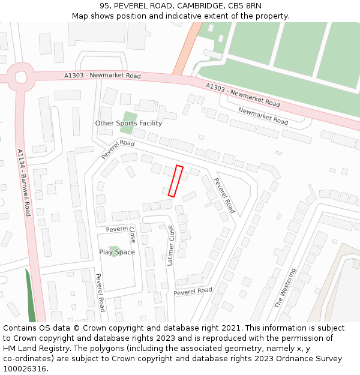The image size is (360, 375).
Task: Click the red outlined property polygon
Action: tap(175, 181)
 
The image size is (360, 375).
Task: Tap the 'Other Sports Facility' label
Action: tap(128, 123)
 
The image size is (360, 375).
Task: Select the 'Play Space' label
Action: tap(117, 252)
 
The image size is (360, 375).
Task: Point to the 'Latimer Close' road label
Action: tap(170, 245)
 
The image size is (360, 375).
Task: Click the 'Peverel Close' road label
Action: tap(121, 230)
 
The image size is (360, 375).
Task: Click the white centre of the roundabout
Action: tap(22, 77)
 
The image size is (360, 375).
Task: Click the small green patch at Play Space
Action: tap(114, 248)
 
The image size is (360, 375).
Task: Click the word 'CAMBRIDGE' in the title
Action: tap(198, 6)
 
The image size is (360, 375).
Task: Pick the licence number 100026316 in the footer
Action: tap(26, 368)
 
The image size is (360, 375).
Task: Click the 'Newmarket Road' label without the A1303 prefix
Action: tap(263, 115)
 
